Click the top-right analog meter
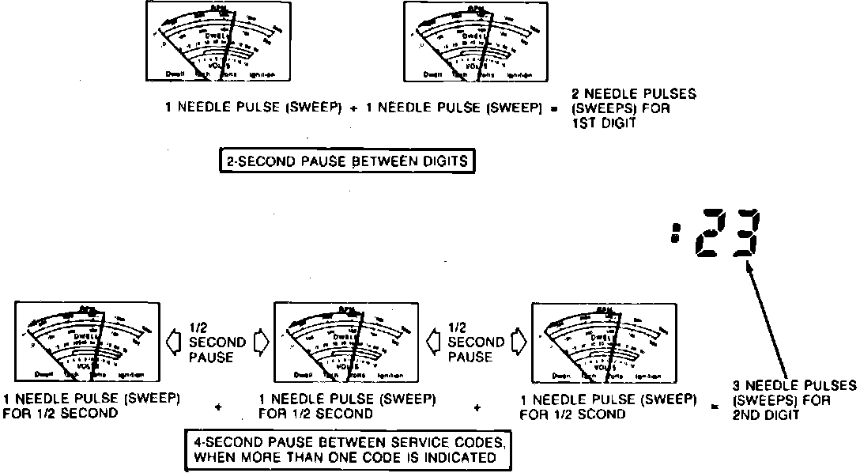pos(476,41)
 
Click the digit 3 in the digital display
pos(745,233)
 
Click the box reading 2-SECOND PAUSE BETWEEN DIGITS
pos(348,163)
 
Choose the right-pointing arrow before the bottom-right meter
pos(519,342)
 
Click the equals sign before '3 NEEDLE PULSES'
pos(714,407)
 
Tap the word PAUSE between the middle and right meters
pos(470,358)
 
